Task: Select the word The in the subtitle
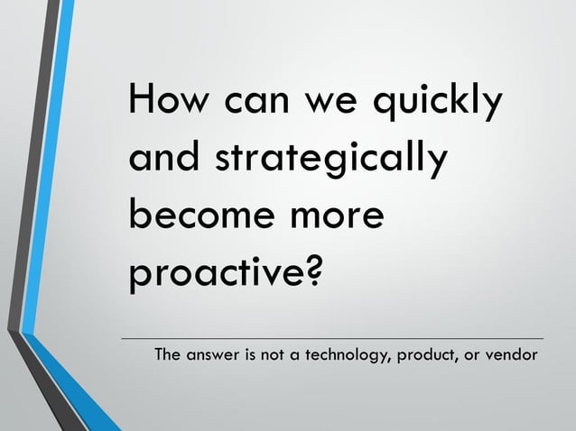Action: point(170,354)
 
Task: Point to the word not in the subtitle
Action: point(274,354)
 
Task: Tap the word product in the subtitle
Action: point(428,355)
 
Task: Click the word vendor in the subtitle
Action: point(512,354)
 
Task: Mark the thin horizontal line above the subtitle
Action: point(334,338)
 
